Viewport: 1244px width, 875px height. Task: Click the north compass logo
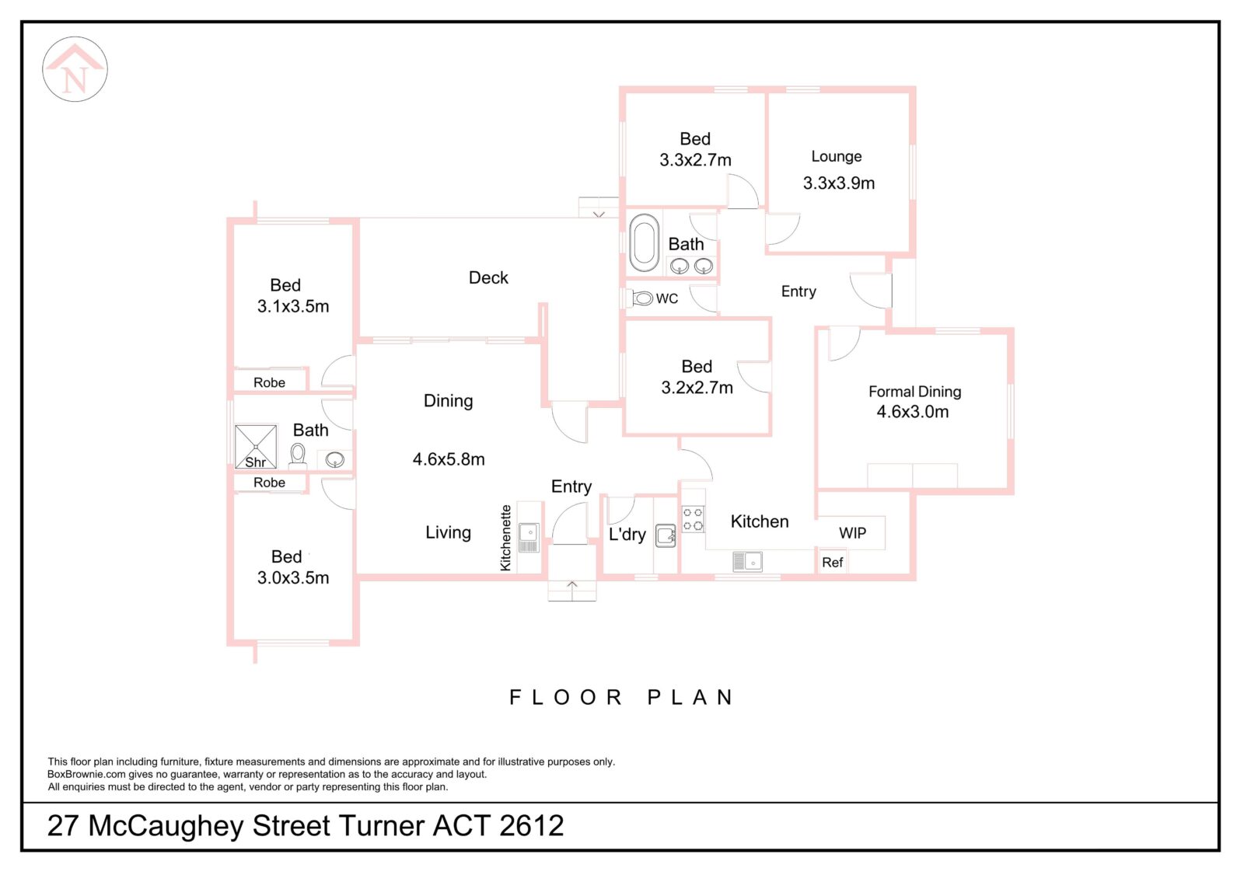[x=75, y=69]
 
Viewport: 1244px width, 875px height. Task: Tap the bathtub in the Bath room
[x=644, y=242]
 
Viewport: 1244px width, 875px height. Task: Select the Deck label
[x=488, y=278]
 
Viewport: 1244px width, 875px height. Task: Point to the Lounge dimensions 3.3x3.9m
[x=839, y=183]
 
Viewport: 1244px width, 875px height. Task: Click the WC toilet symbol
[x=642, y=298]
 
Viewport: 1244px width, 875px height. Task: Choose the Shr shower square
[x=256, y=447]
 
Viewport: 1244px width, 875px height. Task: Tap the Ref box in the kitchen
[x=832, y=563]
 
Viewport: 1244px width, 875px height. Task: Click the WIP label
[x=852, y=533]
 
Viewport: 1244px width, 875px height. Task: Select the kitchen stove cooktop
[x=693, y=519]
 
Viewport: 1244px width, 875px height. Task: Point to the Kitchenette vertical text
[x=506, y=538]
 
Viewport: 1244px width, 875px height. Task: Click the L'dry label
[x=627, y=535]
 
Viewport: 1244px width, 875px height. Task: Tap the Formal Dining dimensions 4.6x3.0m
[x=913, y=413]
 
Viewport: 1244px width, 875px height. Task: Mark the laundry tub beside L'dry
[x=666, y=536]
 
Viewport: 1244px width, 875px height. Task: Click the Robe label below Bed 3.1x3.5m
[x=269, y=382]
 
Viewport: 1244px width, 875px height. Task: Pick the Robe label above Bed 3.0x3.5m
[x=269, y=483]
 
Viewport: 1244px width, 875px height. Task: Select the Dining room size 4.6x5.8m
[x=449, y=460]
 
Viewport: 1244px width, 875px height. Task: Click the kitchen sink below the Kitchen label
[x=747, y=561]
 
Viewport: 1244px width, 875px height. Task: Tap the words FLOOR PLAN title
[x=621, y=698]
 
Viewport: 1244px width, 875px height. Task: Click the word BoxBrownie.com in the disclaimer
[x=86, y=775]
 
